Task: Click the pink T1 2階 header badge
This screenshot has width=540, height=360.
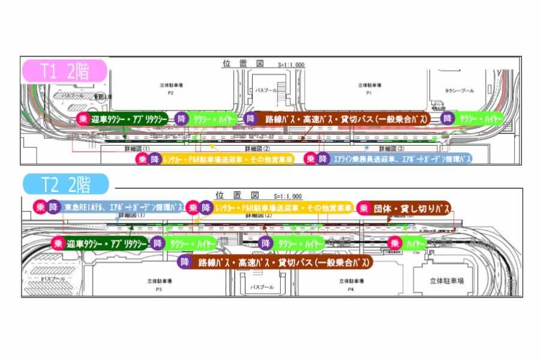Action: pos(64,71)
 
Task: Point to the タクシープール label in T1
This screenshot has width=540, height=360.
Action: pos(459,91)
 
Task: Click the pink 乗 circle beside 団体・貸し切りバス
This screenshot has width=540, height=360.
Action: pos(364,208)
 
